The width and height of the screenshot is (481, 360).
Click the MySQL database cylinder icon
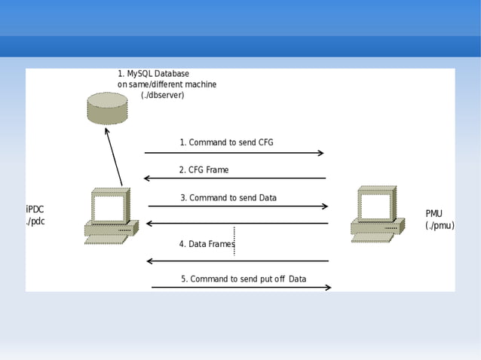[107, 108]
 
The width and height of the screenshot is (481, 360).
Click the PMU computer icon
[377, 214]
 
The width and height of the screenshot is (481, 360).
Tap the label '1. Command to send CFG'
[226, 142]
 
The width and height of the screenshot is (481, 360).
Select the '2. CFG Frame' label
[204, 170]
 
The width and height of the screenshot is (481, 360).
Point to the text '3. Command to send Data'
[228, 198]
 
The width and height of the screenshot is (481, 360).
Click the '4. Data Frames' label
[207, 244]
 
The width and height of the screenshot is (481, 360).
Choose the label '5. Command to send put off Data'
[243, 279]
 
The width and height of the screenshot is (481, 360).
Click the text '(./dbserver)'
[162, 96]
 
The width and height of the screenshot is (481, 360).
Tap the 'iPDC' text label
[35, 209]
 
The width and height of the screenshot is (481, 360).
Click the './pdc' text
[35, 221]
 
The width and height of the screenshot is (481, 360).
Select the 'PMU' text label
[434, 213]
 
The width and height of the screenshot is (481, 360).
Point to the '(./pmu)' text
[440, 225]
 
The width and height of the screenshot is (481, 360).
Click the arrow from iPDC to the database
[114, 156]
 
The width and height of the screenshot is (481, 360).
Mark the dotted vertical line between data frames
[234, 241]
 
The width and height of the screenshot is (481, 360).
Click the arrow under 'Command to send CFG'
[234, 153]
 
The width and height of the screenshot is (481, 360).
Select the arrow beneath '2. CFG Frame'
[234, 178]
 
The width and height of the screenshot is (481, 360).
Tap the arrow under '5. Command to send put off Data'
[241, 287]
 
